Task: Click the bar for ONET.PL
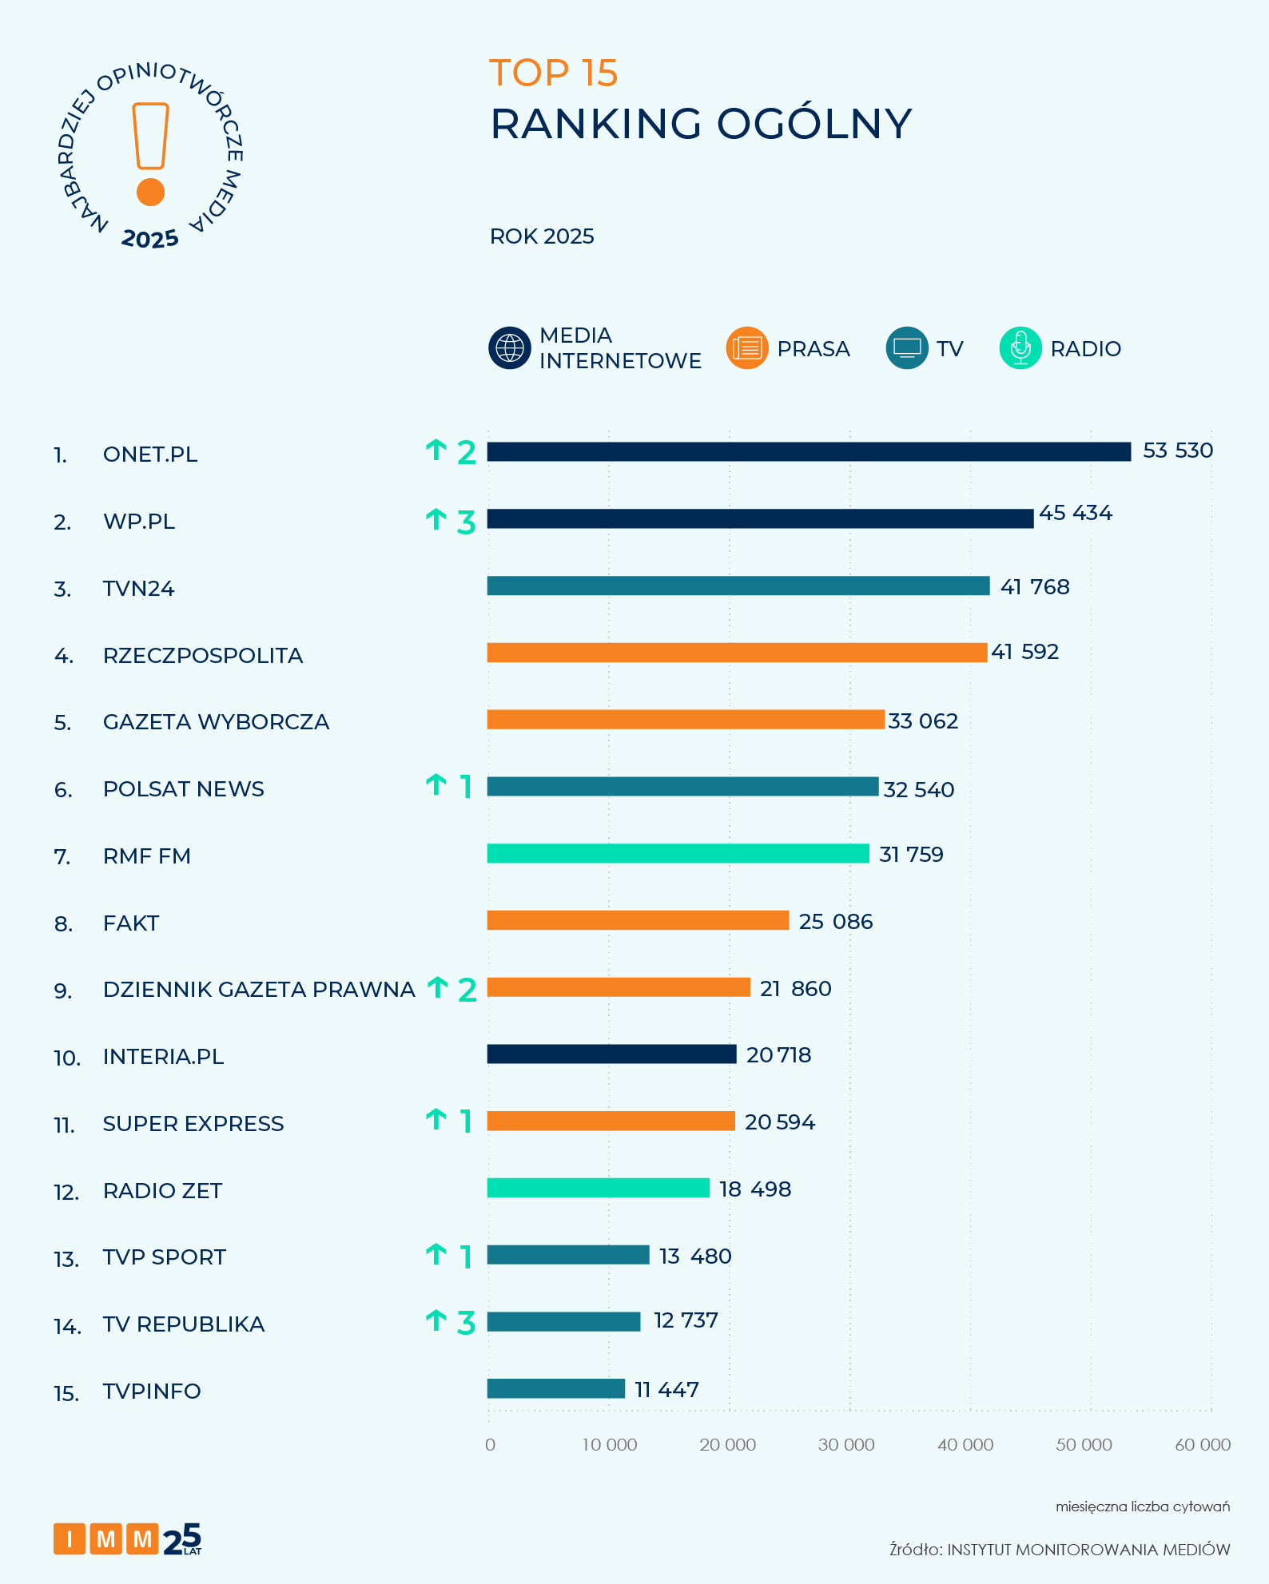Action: (x=809, y=452)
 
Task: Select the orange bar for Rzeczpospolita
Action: (x=737, y=653)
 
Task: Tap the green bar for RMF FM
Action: (x=678, y=853)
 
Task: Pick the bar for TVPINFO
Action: (x=555, y=1388)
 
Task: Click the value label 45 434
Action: (x=1075, y=513)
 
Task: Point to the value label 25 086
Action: (x=835, y=922)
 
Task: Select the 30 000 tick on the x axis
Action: (x=846, y=1444)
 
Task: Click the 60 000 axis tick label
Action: (x=1202, y=1444)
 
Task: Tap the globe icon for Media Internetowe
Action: (x=510, y=348)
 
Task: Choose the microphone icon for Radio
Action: (x=1020, y=348)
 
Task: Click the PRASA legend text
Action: (x=813, y=349)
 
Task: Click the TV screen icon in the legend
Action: (x=907, y=348)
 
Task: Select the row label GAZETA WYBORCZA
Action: (x=216, y=722)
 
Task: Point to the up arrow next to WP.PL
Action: (x=436, y=520)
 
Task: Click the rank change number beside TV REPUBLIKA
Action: (x=466, y=1323)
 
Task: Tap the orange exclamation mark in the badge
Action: (x=150, y=153)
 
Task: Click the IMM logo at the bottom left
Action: (x=127, y=1538)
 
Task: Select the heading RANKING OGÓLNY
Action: (x=700, y=124)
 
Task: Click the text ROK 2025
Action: (x=542, y=236)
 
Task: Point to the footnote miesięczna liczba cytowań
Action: (x=1142, y=1507)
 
